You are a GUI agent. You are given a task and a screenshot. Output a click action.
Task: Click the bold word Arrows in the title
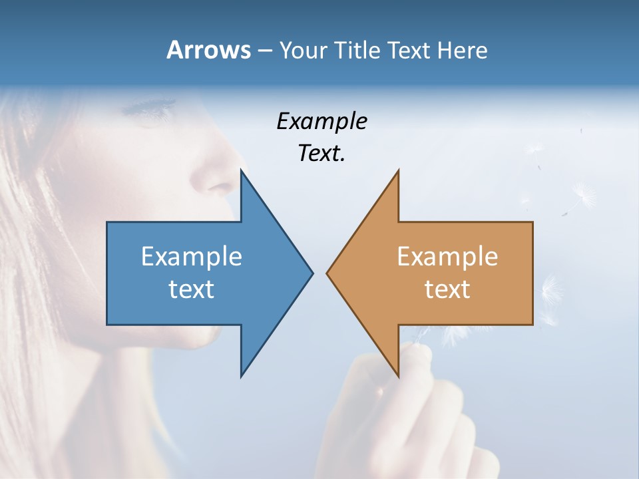pyautogui.click(x=208, y=50)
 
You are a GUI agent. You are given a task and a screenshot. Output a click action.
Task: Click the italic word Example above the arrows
pyautogui.click(x=321, y=121)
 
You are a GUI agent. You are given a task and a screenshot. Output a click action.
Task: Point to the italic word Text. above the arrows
pyautogui.click(x=321, y=153)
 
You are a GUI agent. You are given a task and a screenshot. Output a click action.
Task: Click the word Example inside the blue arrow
pyautogui.click(x=192, y=256)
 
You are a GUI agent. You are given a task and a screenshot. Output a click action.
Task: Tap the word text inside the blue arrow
pyautogui.click(x=192, y=289)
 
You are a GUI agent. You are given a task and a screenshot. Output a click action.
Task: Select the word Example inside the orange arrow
pyautogui.click(x=447, y=256)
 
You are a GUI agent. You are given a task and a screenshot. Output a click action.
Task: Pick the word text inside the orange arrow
pyautogui.click(x=447, y=289)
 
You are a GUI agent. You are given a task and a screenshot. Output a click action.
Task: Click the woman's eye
pyautogui.click(x=154, y=107)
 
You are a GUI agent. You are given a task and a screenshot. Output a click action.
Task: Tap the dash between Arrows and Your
pyautogui.click(x=264, y=51)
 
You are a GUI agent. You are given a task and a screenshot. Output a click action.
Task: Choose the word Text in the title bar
pyautogui.click(x=409, y=50)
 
